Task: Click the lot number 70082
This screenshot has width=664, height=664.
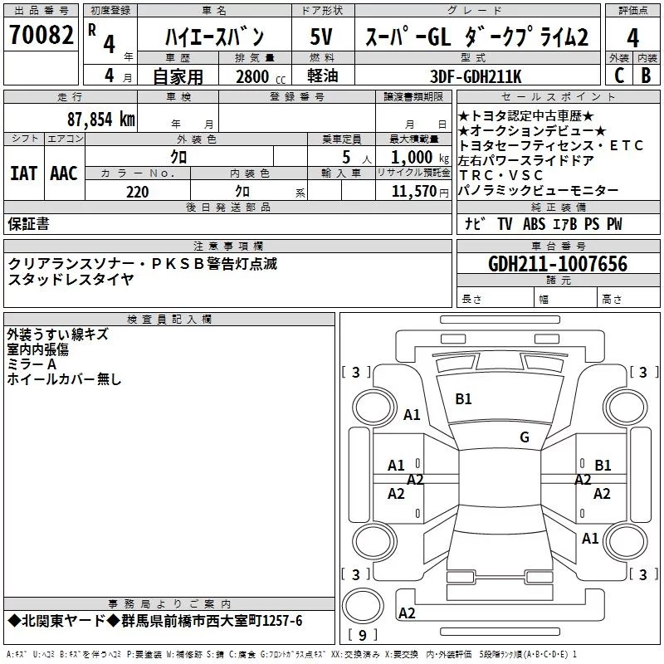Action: [x=40, y=36]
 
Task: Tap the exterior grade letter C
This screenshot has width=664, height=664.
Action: [x=618, y=75]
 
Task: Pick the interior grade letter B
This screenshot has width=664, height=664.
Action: [x=646, y=75]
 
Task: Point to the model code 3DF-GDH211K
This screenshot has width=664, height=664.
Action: [x=476, y=76]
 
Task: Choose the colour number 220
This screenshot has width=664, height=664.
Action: [x=138, y=192]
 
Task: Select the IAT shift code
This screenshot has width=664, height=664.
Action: [x=23, y=173]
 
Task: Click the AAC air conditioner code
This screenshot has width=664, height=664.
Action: [x=63, y=173]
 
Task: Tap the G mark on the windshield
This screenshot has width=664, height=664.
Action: [x=525, y=437]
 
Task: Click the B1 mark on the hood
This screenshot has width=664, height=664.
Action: [x=463, y=399]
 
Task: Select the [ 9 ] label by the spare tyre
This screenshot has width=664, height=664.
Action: [x=361, y=636]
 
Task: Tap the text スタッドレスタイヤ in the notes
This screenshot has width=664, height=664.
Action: [x=71, y=279]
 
